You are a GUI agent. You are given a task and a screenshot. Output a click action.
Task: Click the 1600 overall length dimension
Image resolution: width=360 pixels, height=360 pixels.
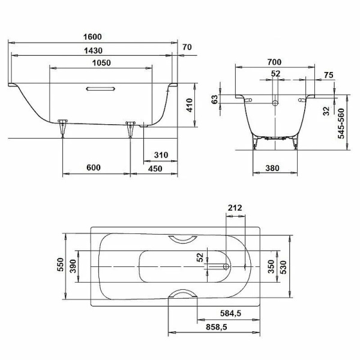(92, 37)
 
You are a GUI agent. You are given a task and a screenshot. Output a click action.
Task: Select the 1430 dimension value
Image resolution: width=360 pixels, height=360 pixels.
(92, 52)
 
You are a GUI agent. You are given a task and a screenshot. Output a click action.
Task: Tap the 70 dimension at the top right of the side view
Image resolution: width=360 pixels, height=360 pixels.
(187, 47)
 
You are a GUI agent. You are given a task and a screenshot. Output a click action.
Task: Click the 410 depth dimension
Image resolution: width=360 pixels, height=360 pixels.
(189, 106)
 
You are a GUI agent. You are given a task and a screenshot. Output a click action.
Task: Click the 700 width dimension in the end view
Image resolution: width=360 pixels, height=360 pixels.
(275, 61)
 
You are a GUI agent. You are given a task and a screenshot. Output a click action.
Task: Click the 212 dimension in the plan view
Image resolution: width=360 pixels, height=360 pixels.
(235, 208)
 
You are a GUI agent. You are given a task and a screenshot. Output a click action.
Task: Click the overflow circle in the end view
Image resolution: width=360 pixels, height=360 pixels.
(275, 103)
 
